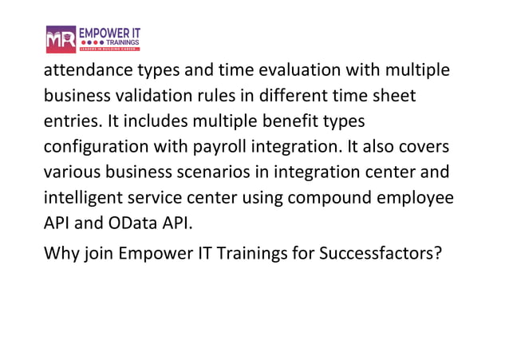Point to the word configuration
(x=97, y=148)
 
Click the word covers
(x=416, y=148)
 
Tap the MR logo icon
(x=61, y=38)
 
